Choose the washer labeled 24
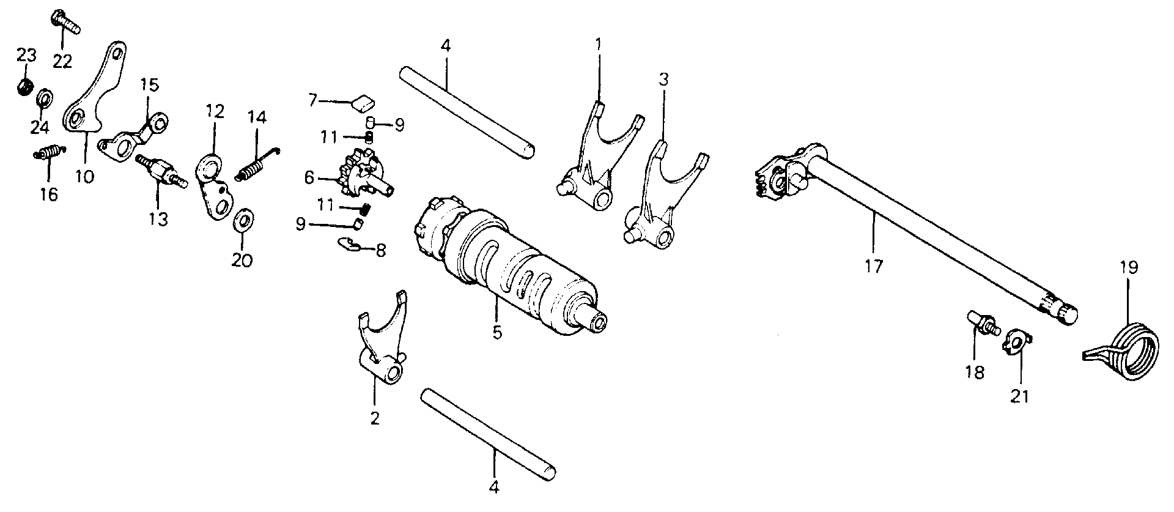point(45,98)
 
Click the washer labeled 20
point(243,220)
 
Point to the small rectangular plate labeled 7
point(364,103)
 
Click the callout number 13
point(158,218)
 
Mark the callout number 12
point(215,111)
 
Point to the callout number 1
point(599,44)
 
